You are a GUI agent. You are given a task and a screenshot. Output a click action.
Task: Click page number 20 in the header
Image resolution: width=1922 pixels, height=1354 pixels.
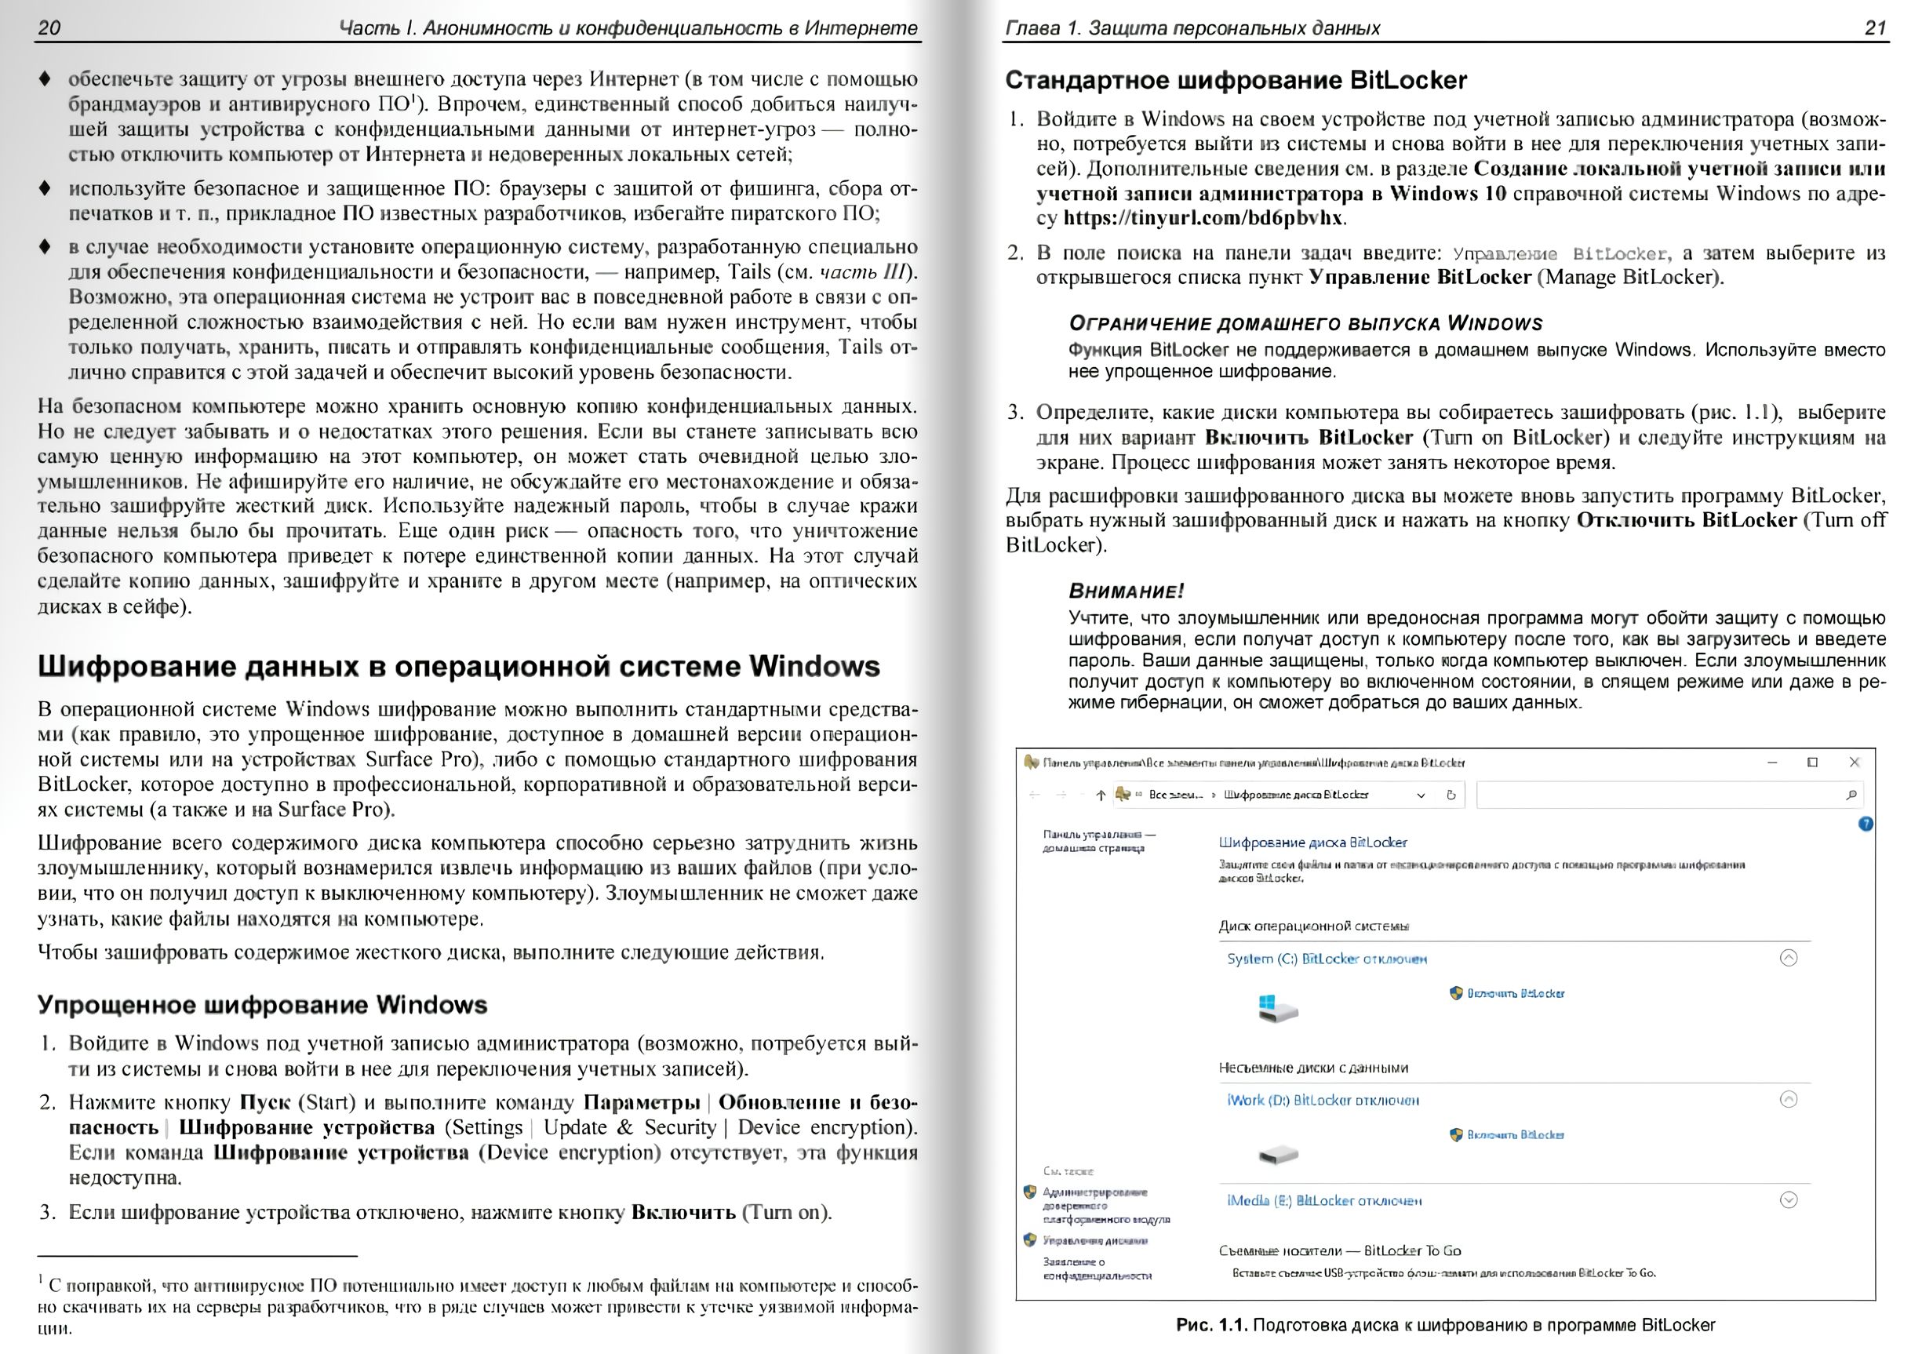49,27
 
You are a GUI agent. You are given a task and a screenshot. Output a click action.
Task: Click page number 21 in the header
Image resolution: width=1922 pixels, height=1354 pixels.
1876,27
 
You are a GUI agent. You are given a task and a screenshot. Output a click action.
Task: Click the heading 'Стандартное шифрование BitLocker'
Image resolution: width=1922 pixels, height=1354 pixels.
1236,80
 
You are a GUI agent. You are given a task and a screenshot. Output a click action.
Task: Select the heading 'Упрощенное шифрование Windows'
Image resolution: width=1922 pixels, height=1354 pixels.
262,1005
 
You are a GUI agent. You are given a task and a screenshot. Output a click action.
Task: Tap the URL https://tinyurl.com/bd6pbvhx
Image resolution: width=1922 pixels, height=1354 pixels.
1203,218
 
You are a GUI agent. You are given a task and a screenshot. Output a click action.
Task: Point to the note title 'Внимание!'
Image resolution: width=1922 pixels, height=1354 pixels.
1126,591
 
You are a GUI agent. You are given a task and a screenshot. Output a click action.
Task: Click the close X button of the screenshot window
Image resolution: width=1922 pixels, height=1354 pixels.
1855,763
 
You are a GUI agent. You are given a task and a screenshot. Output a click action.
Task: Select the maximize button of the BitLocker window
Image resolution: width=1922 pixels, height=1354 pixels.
1812,763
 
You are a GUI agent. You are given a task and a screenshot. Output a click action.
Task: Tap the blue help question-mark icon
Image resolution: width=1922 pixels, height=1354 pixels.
1865,824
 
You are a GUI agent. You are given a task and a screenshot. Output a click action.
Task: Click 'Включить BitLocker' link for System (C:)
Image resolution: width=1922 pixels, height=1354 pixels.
1514,993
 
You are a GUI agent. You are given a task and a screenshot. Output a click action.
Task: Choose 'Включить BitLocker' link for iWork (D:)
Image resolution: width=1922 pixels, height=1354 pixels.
1514,1135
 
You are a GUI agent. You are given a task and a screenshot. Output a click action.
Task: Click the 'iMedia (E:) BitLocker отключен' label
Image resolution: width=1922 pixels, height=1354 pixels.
1323,1201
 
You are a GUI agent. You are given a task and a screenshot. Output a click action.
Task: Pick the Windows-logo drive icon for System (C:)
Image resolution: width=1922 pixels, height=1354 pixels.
1276,1006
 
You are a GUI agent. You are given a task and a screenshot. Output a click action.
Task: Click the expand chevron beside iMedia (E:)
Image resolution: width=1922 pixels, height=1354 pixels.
1788,1200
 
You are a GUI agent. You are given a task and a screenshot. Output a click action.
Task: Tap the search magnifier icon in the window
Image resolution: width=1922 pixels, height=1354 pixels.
1851,795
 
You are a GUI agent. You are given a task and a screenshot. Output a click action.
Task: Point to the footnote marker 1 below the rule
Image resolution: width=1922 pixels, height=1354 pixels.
41,1279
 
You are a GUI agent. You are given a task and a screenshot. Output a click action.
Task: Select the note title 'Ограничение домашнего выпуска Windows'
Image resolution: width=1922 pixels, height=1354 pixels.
1305,324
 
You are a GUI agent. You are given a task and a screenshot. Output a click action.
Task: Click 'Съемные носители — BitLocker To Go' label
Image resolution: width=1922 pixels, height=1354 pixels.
1339,1251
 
